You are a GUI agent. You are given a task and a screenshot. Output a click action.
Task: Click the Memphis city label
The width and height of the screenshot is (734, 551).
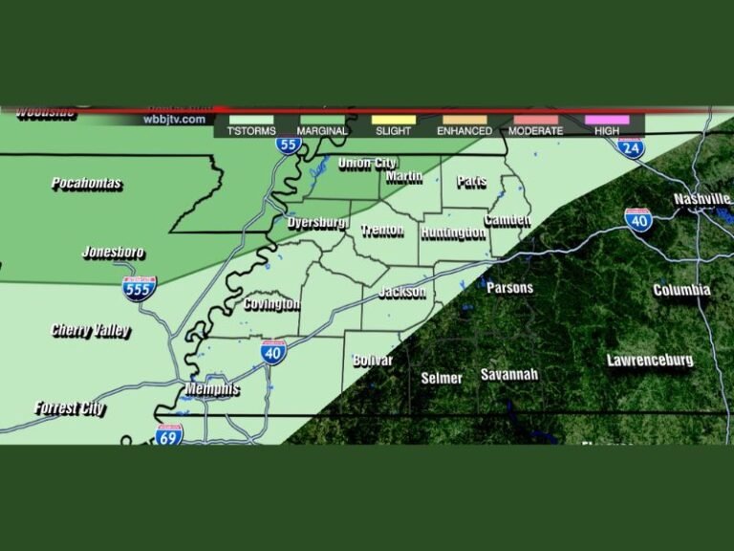(213, 390)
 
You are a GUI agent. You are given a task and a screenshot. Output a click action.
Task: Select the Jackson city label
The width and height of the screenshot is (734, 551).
(401, 292)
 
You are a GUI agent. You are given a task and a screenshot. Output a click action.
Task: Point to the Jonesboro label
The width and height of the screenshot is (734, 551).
(113, 253)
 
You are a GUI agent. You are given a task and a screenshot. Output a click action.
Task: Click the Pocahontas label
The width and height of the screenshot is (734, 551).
(87, 184)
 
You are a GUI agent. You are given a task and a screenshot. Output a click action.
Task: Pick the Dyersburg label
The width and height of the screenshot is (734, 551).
(318, 223)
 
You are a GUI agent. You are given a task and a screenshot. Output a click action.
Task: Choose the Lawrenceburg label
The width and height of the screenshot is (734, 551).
(650, 361)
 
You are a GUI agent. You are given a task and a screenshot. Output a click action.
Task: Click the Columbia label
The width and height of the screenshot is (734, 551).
(681, 290)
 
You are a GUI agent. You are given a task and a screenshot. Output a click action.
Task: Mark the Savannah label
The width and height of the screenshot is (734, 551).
(509, 374)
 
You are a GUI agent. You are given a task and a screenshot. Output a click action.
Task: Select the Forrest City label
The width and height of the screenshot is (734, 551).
(70, 408)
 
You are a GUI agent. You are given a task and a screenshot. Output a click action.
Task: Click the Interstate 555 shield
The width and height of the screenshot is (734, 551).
(139, 288)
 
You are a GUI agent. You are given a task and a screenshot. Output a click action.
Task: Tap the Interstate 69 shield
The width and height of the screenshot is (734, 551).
(169, 434)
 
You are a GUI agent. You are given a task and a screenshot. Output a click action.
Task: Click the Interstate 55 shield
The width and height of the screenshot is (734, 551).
(289, 144)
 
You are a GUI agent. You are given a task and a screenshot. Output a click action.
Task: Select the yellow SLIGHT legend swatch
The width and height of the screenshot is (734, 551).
(393, 120)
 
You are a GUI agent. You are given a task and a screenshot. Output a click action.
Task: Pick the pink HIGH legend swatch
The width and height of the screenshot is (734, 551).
(607, 120)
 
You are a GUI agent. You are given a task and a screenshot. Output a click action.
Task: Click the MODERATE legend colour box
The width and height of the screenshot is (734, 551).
(535, 120)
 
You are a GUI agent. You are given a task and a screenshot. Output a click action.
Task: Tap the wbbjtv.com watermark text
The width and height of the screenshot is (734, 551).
(174, 119)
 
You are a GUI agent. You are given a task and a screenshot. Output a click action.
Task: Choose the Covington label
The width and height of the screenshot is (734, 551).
(271, 304)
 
